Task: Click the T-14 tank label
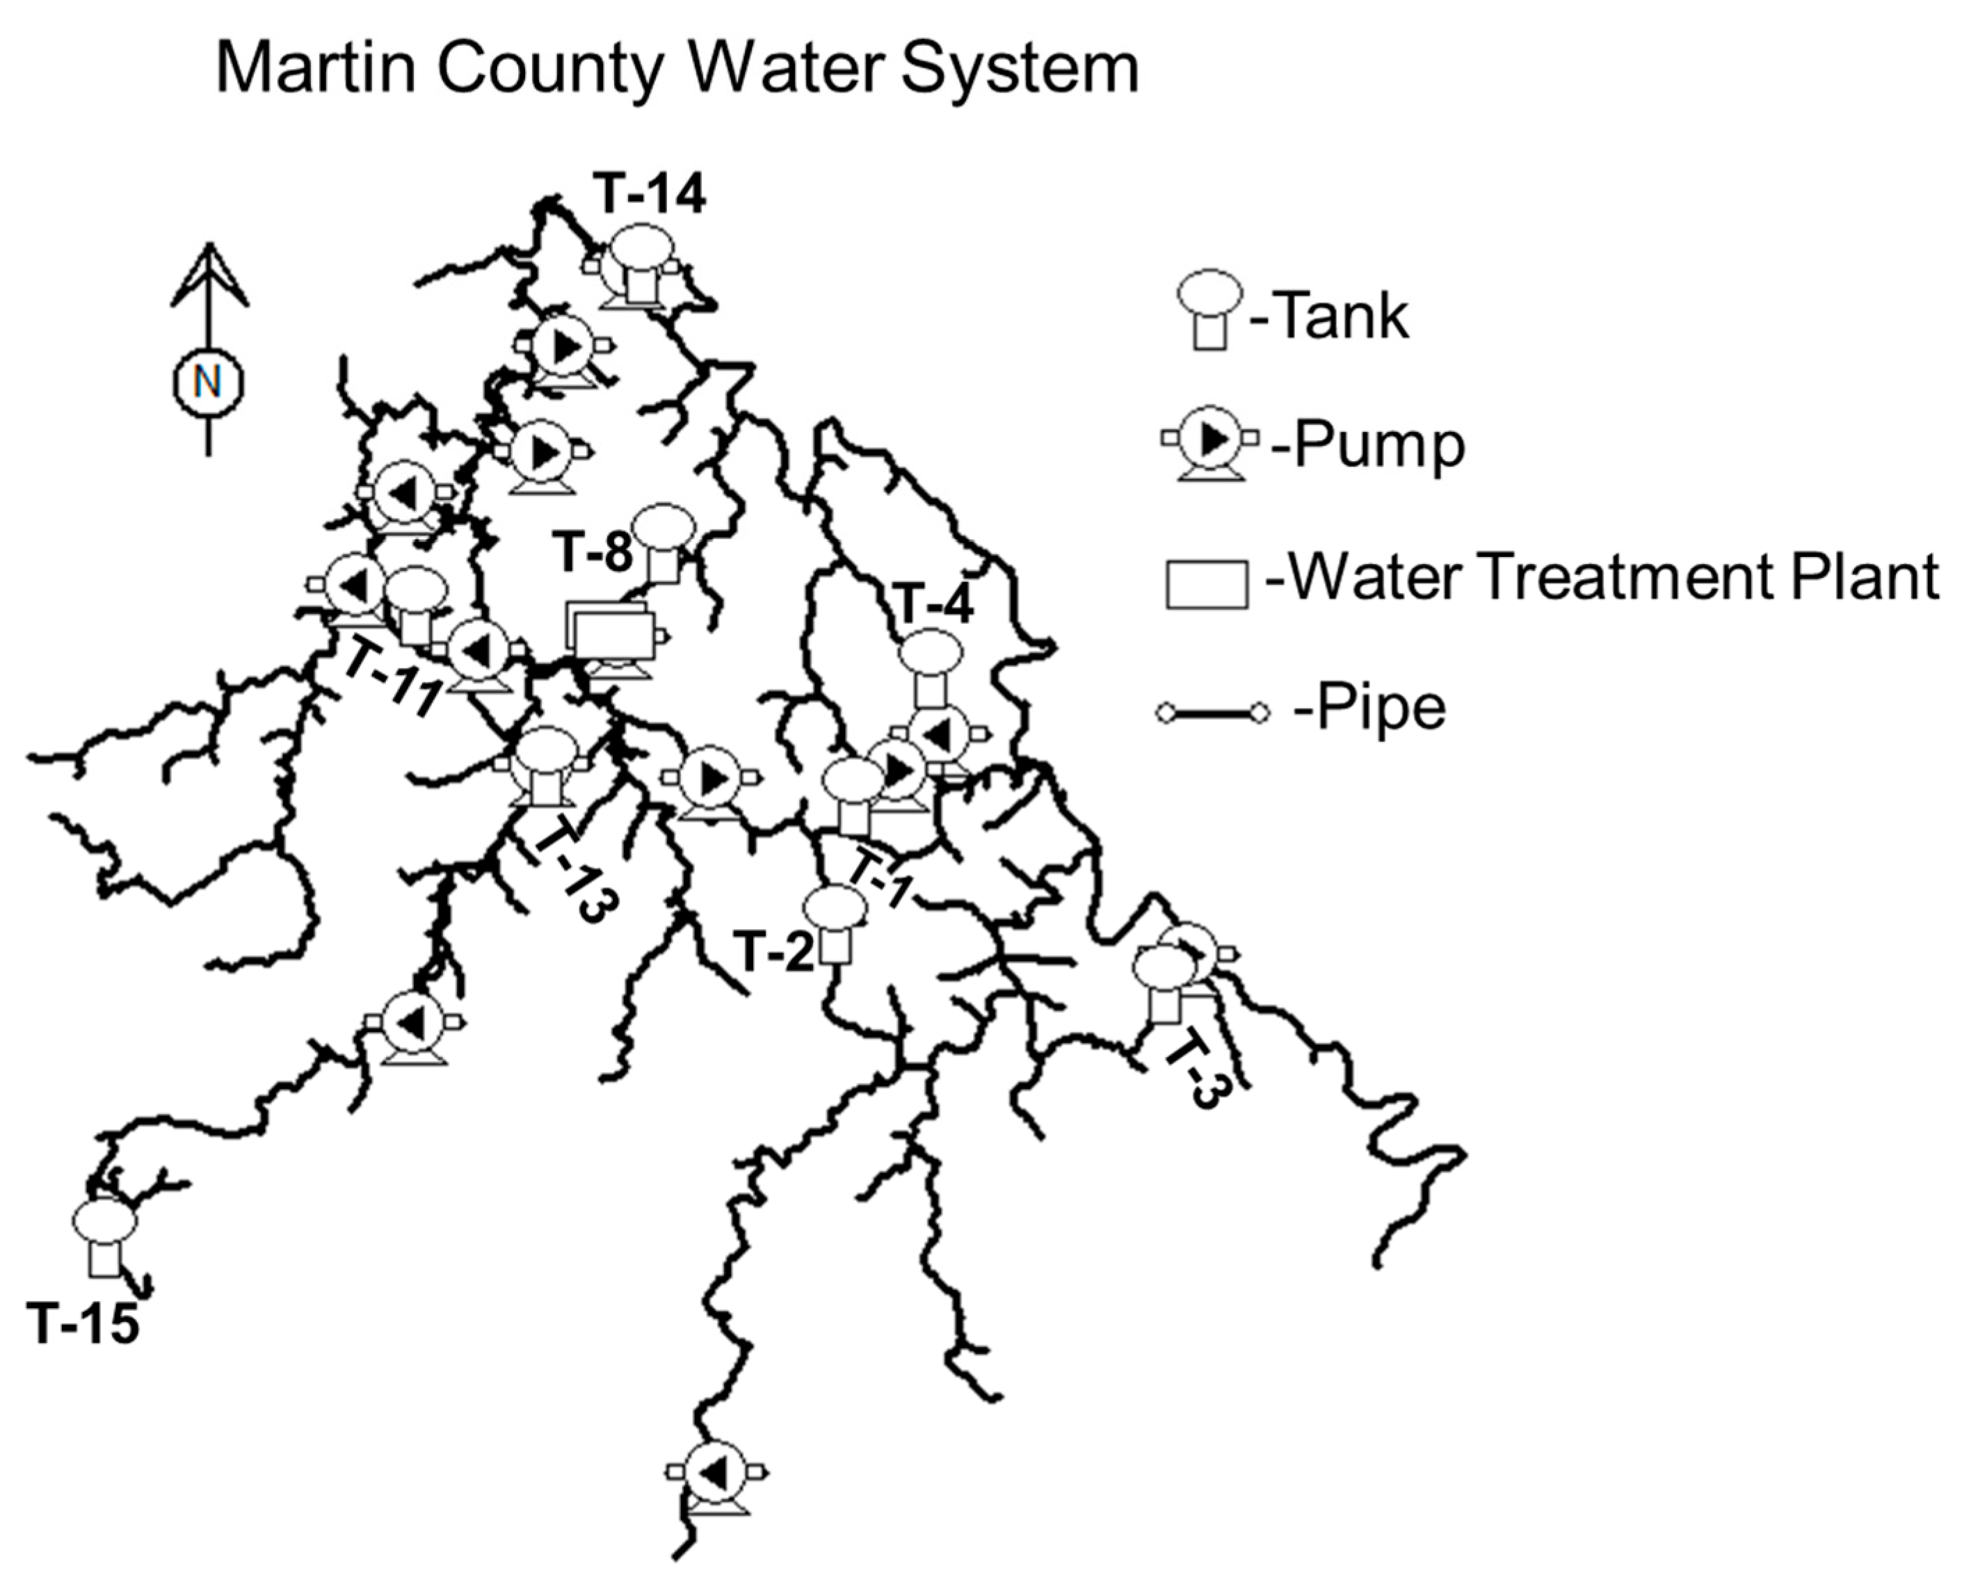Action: pos(649,194)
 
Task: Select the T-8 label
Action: pos(593,552)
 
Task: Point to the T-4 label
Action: pos(934,604)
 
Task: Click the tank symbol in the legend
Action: pos(1210,308)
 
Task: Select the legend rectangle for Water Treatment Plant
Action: pos(1207,584)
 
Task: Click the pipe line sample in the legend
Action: pos(1213,711)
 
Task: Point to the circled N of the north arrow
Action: pos(209,382)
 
